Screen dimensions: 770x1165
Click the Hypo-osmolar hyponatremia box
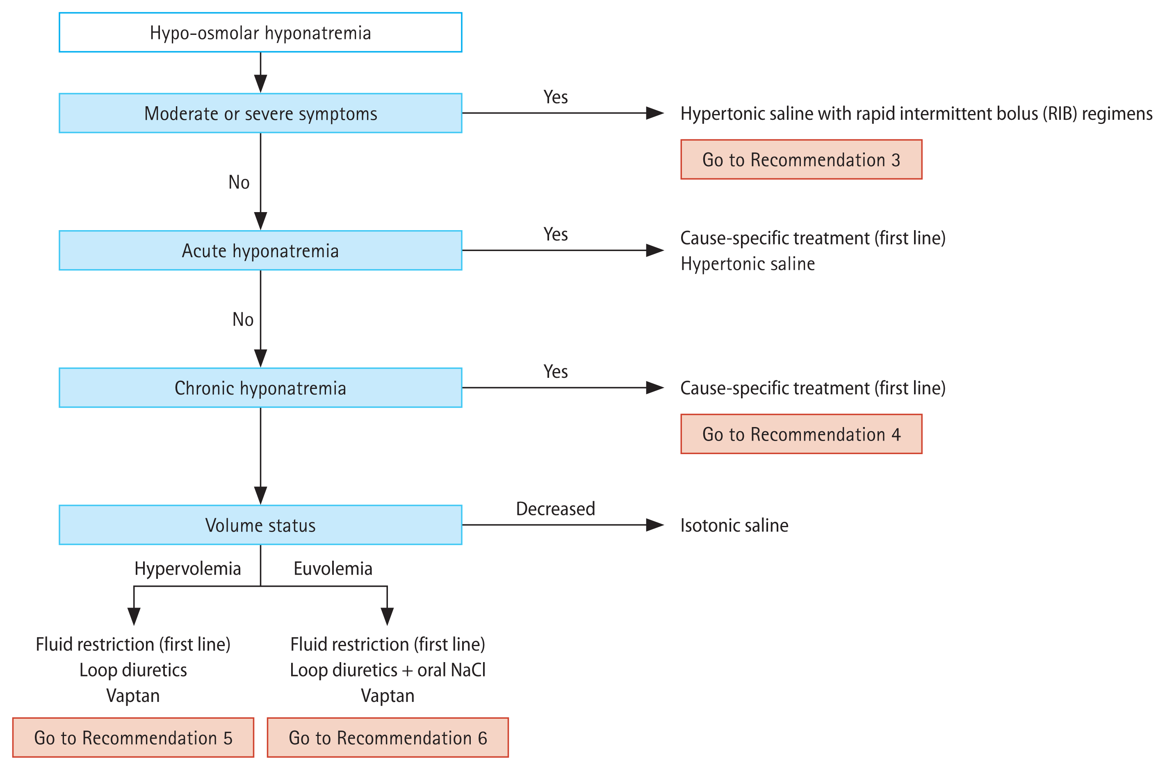click(260, 32)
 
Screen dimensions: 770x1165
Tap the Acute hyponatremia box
click(260, 251)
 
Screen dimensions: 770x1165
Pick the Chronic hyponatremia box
click(260, 388)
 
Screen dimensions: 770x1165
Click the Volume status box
click(260, 525)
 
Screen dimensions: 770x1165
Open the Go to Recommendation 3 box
click(801, 160)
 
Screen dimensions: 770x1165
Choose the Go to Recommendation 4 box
click(801, 434)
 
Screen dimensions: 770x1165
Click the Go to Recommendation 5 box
click(133, 738)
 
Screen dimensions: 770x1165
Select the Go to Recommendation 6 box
click(388, 738)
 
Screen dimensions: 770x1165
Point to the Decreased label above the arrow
click(555, 509)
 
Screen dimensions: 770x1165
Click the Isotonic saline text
click(734, 526)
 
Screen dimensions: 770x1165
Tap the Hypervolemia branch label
click(187, 569)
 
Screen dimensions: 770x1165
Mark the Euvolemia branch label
click(333, 569)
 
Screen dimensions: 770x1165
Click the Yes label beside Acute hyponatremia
click(555, 234)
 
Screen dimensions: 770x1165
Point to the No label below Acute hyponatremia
click(242, 320)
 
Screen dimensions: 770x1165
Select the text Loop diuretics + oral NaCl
click(388, 670)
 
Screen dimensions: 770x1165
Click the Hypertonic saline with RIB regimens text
click(916, 114)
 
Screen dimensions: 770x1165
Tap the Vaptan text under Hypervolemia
click(133, 696)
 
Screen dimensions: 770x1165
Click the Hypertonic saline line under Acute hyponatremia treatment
click(748, 264)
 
